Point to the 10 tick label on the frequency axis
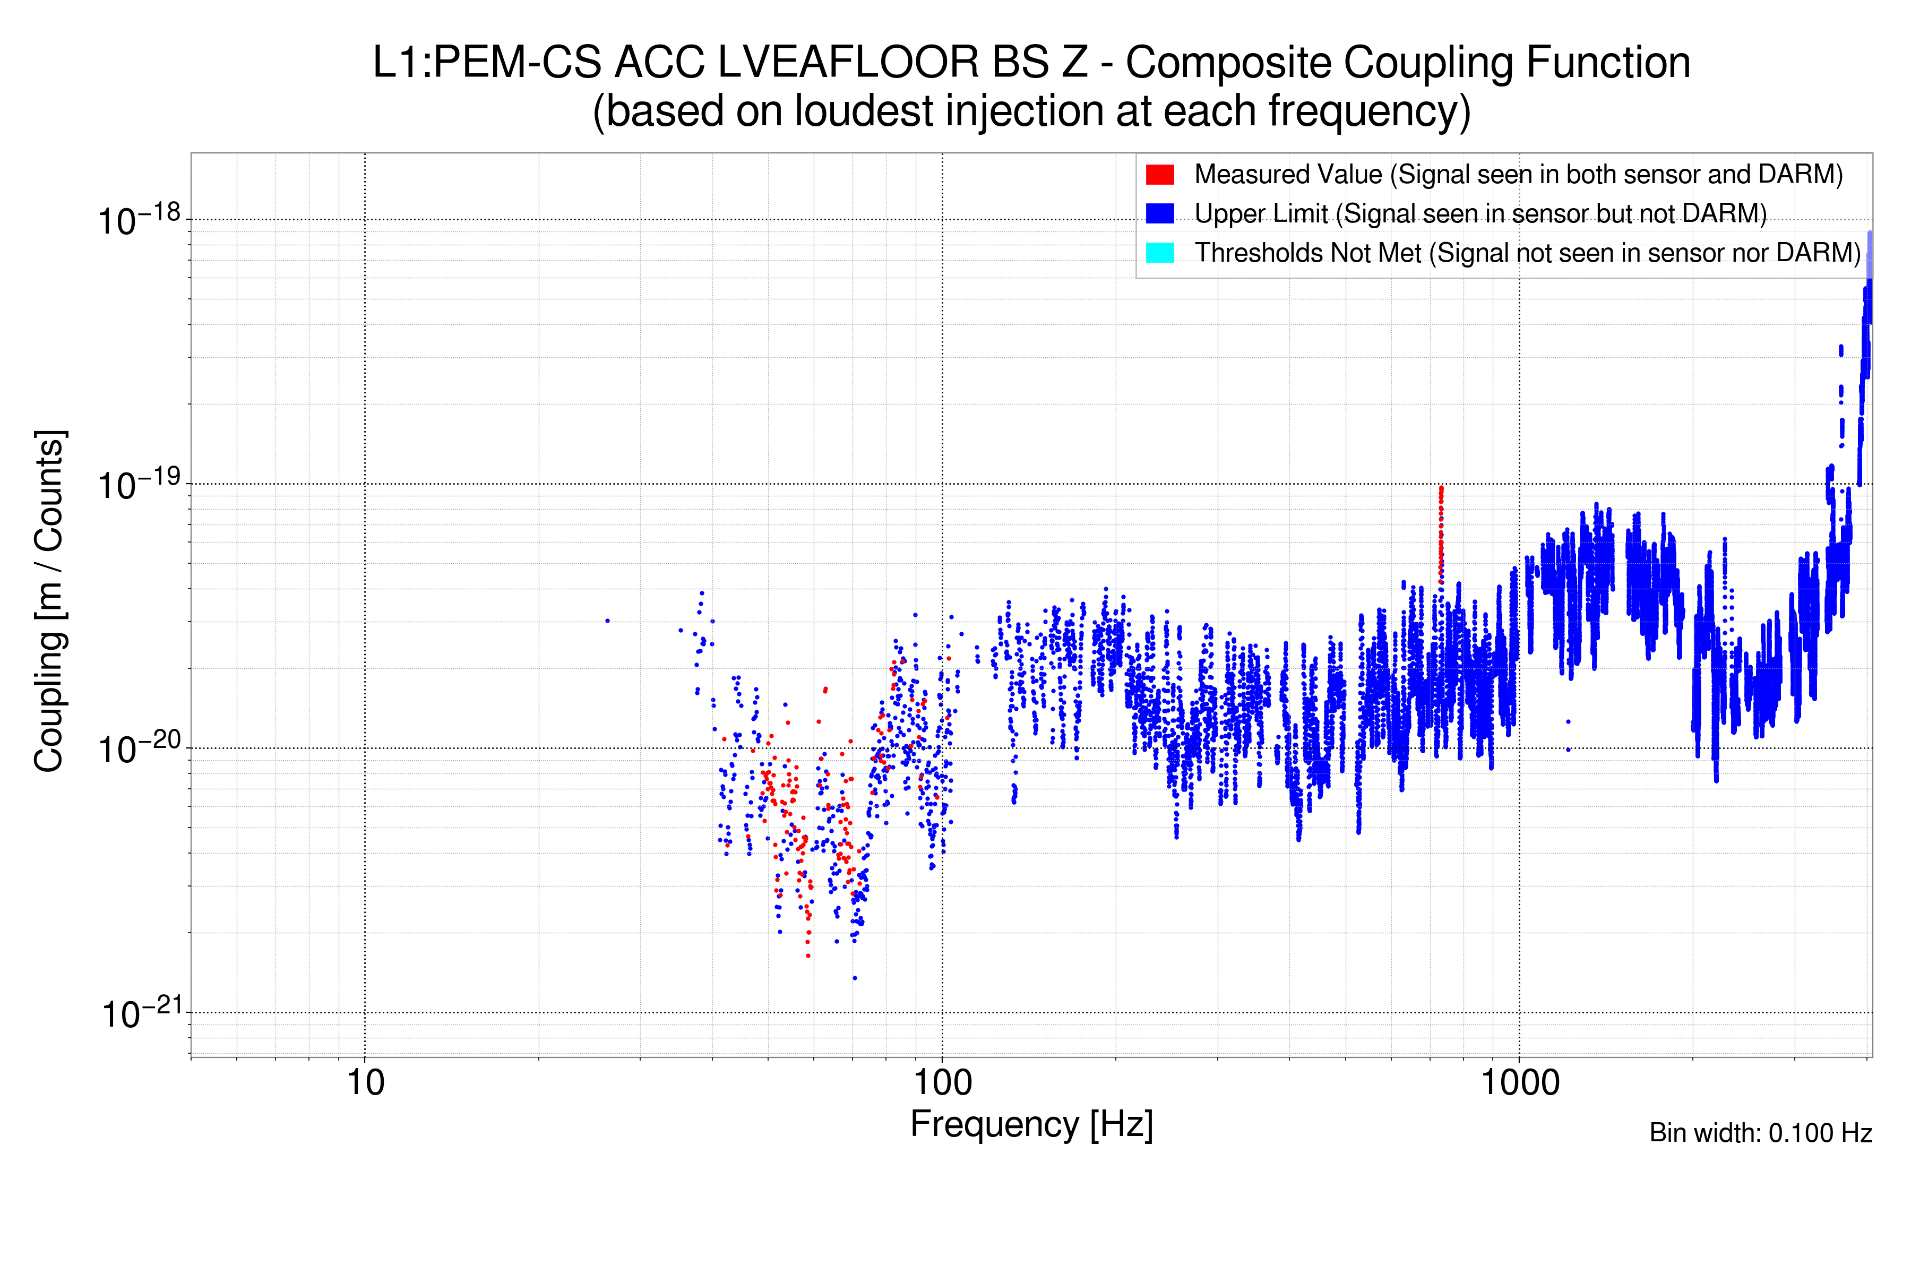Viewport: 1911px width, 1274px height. pos(365,1083)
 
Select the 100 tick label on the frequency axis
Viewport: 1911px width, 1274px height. pos(942,1083)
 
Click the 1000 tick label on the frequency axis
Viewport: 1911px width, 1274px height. pos(1519,1083)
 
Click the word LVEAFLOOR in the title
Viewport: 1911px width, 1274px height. pos(848,63)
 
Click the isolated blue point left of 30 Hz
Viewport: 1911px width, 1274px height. pos(608,621)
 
